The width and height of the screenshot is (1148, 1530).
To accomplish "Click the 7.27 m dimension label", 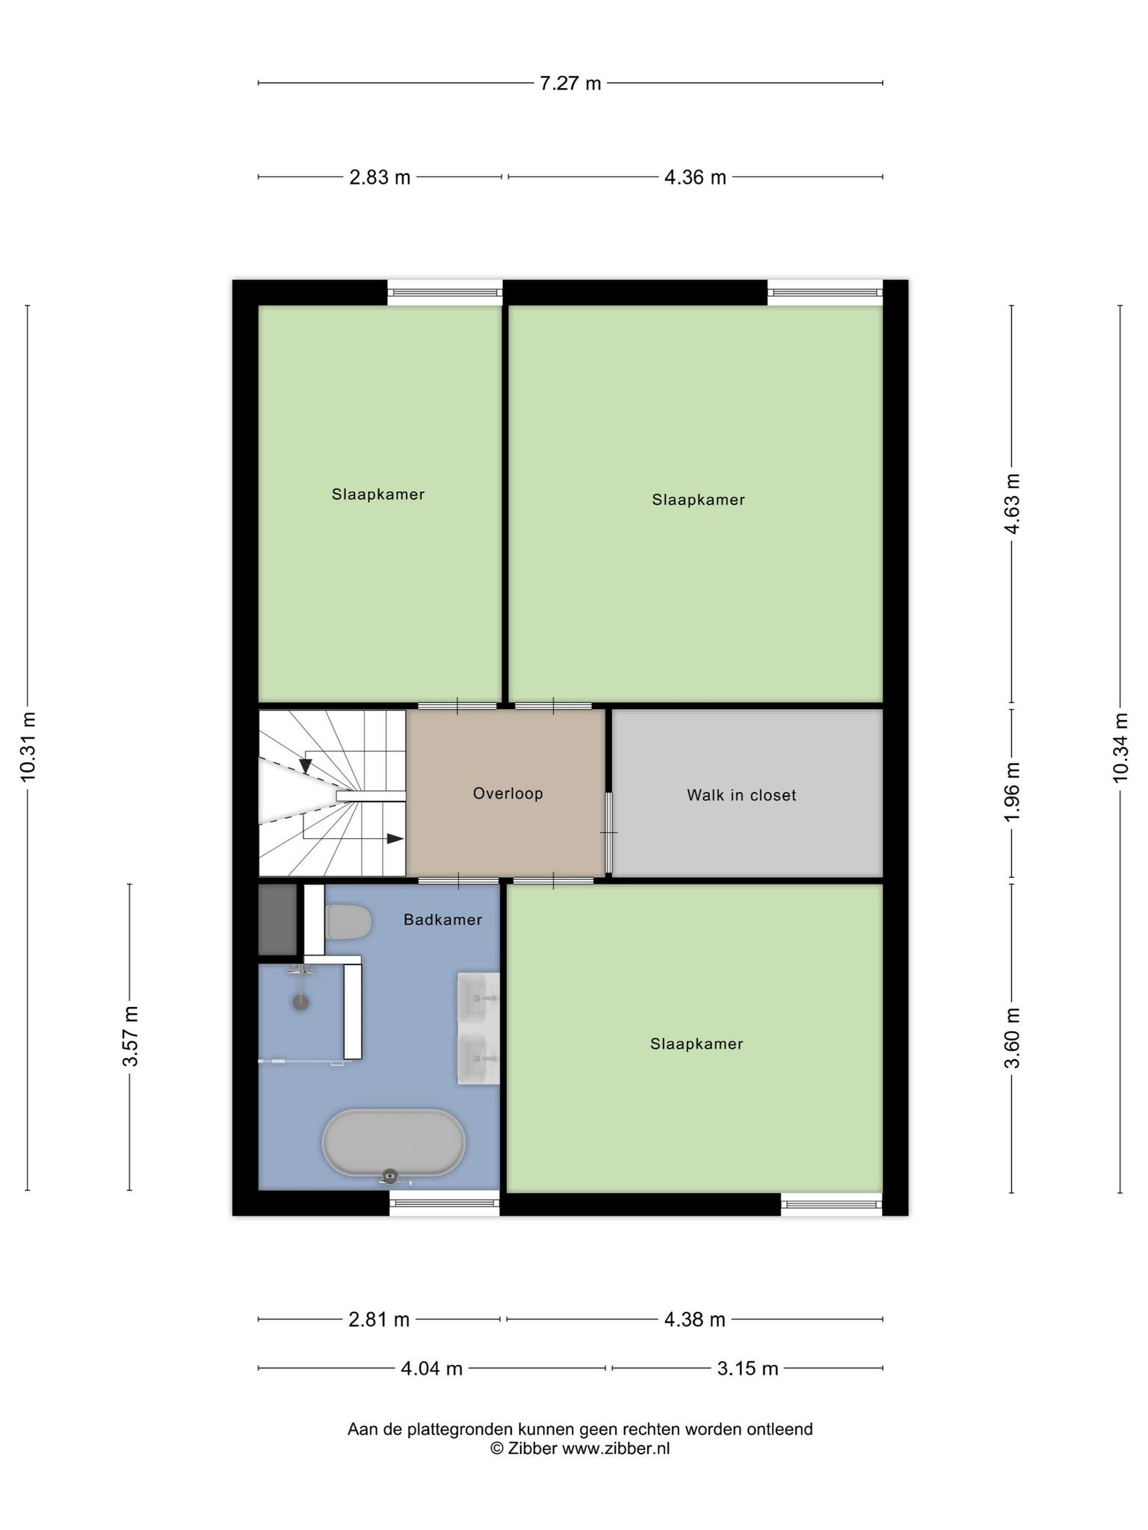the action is [x=570, y=83].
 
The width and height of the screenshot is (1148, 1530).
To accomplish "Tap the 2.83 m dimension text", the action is [x=380, y=177].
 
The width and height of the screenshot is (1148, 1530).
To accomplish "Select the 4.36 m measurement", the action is [x=695, y=177].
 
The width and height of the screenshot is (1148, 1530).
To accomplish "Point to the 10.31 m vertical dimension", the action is [x=28, y=746].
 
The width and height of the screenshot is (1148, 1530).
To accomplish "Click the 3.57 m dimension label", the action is [x=130, y=1036].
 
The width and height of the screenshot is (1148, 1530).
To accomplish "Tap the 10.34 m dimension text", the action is [x=1120, y=747].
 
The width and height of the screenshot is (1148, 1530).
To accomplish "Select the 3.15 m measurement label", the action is [x=747, y=1369].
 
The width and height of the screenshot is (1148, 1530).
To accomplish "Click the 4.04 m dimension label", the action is [x=432, y=1369].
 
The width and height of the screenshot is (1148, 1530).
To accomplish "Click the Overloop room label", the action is [x=507, y=793].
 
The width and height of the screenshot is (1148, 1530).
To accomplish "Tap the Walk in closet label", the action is [x=741, y=795].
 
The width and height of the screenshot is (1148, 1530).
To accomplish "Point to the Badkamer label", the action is [x=442, y=920].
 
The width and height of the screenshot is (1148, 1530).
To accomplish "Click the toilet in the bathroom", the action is [x=348, y=922].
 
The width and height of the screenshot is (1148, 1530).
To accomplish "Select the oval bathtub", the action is [x=393, y=1143].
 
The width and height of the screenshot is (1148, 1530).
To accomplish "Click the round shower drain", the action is [x=300, y=1002].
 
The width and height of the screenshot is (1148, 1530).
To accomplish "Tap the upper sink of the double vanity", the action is [x=478, y=999].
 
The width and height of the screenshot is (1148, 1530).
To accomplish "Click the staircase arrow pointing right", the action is [x=395, y=839].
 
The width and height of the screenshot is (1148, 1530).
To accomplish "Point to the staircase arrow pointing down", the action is [x=305, y=766].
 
